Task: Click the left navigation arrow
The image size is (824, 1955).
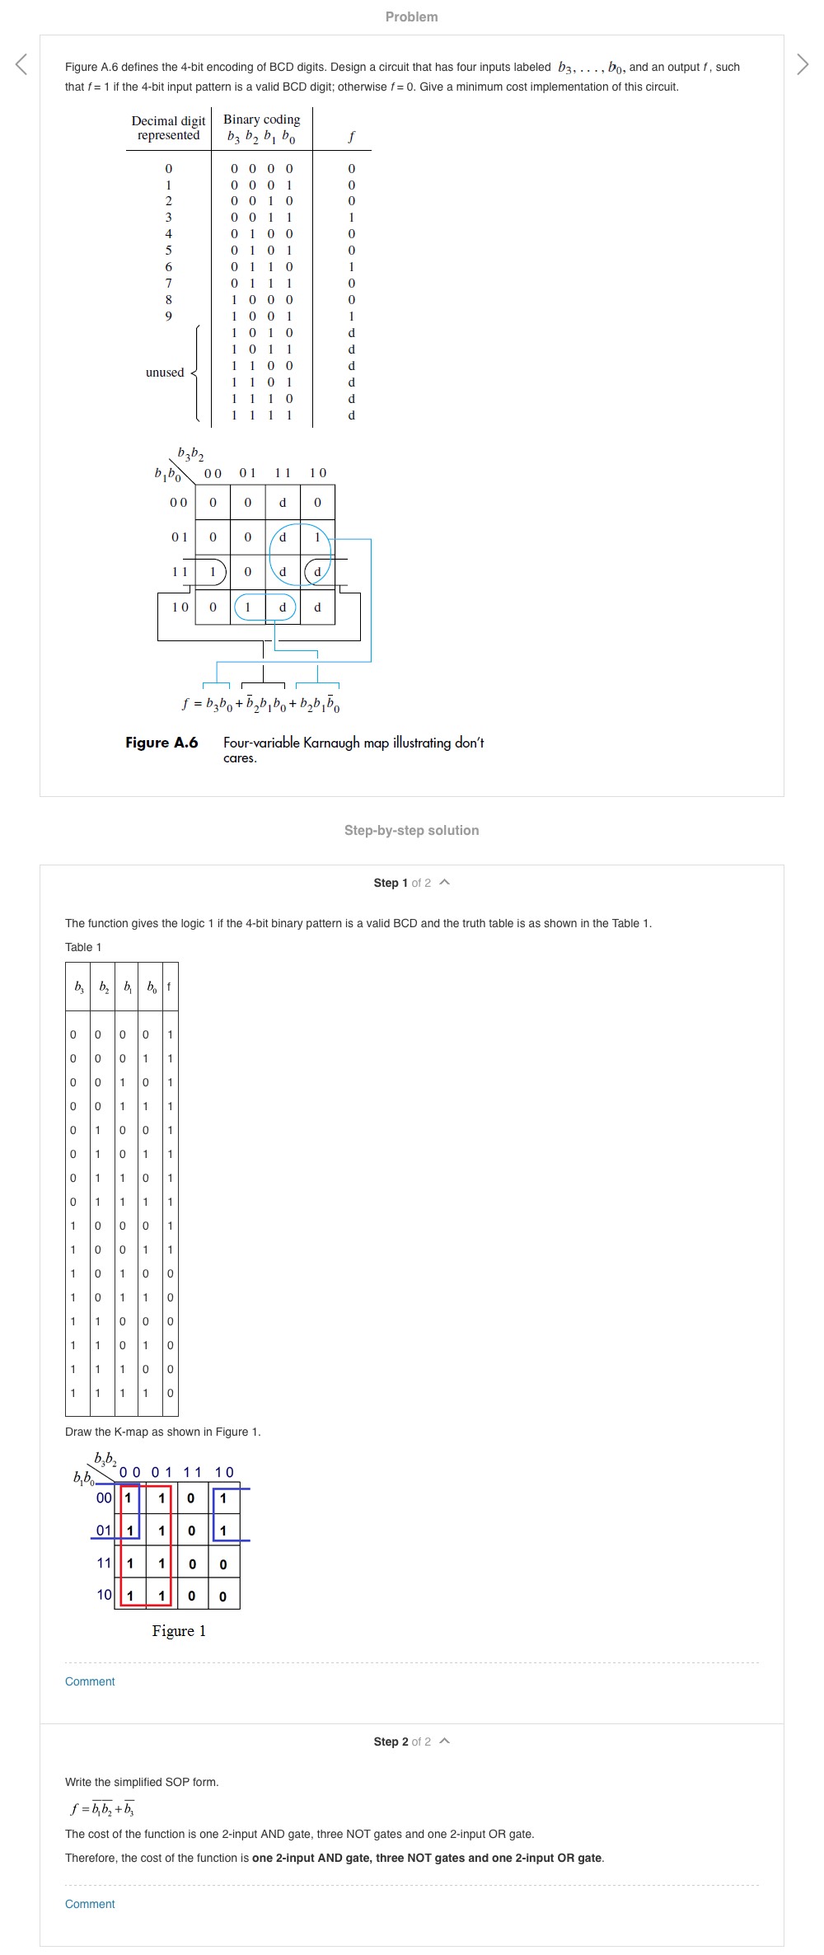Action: (21, 64)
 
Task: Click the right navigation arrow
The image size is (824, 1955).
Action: (803, 64)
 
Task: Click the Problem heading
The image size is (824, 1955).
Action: (411, 16)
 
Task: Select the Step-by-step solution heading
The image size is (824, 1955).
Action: (411, 830)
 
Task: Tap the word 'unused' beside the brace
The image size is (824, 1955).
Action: (165, 373)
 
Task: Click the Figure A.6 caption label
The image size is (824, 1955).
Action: (162, 743)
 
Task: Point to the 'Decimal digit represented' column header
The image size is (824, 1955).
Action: (168, 128)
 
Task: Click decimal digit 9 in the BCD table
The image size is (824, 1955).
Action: (169, 316)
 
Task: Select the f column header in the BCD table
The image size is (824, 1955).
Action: (352, 136)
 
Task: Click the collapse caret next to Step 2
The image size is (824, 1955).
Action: (445, 1741)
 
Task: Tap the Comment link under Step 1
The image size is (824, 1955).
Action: (90, 1681)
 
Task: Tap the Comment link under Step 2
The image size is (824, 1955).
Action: (90, 1904)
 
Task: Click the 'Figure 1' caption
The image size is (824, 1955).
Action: (179, 1631)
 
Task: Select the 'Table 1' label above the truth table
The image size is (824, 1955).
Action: (83, 947)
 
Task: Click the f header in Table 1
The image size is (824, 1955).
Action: (170, 987)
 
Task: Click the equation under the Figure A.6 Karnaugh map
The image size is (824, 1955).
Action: (261, 705)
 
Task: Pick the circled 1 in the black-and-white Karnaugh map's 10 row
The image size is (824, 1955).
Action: (247, 607)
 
